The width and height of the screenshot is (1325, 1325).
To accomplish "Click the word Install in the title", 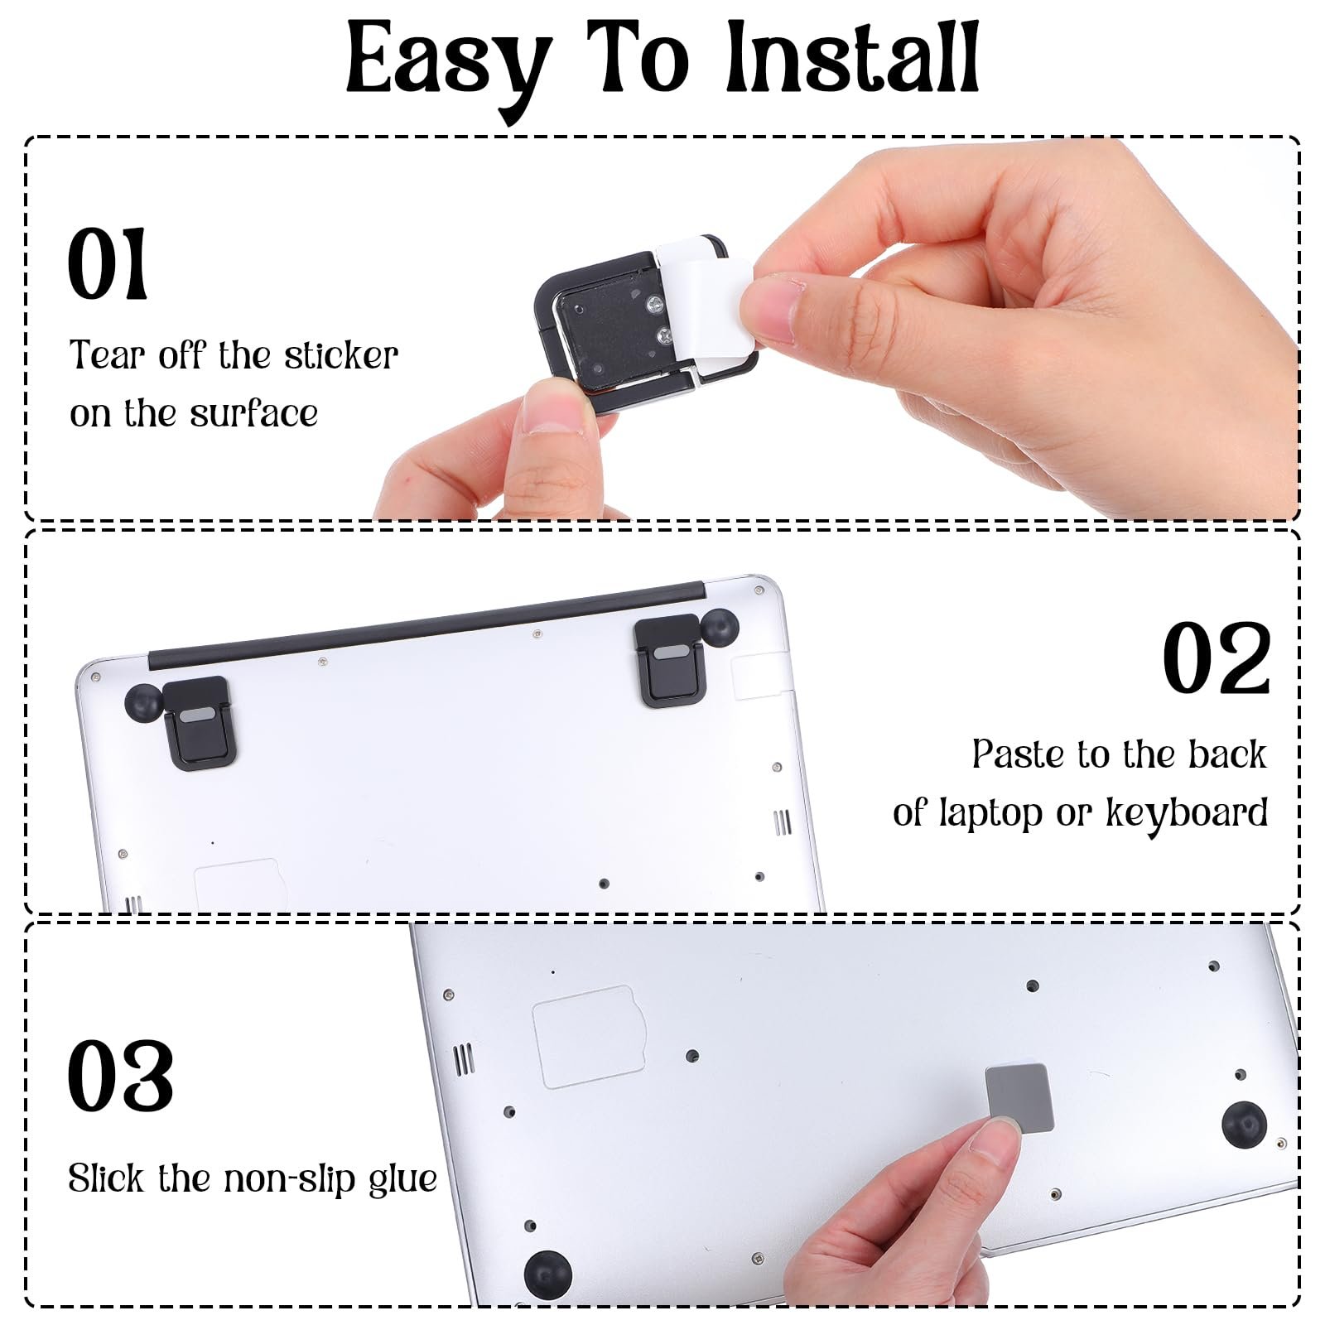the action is tap(853, 58).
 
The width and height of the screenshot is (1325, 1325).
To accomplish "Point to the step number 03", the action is tap(121, 1076).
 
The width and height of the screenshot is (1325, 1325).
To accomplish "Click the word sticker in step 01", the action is tap(341, 355).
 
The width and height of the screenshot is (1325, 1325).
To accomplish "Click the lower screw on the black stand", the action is tap(666, 336).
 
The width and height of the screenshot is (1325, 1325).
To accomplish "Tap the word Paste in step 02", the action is tap(1017, 754).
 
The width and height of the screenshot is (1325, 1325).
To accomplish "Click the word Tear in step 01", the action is tap(108, 355).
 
